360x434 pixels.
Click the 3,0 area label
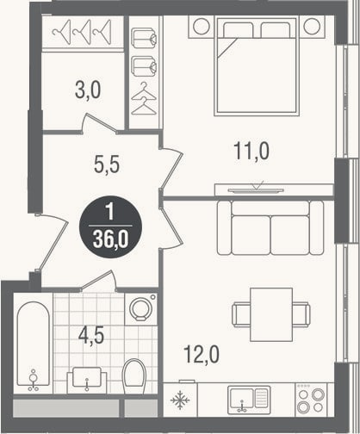tap(88, 90)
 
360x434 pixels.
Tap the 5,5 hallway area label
tap(107, 164)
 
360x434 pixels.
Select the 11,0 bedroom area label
tap(251, 151)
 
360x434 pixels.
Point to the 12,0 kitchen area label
tap(202, 354)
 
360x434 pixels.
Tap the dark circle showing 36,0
tap(110, 227)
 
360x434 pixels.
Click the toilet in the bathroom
tap(134, 376)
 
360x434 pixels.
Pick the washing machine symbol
tap(140, 309)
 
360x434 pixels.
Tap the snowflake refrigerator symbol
tap(180, 400)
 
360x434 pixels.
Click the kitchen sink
tap(249, 400)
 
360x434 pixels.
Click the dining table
tap(271, 314)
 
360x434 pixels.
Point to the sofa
tap(270, 227)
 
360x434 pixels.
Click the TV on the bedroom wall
tap(256, 190)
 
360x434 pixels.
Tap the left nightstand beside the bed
tap(201, 27)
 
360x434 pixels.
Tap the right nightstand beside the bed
tap(312, 27)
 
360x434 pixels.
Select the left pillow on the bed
tap(239, 30)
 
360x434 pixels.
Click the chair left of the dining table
tap(241, 314)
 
